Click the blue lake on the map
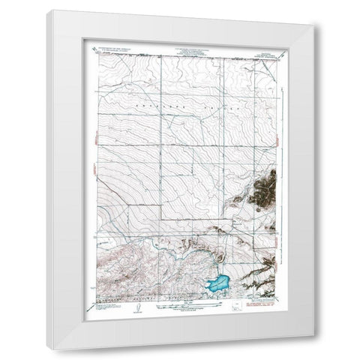[x=217, y=284]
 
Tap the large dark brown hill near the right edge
[x=263, y=187]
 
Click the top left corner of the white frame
[x=46, y=11]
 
